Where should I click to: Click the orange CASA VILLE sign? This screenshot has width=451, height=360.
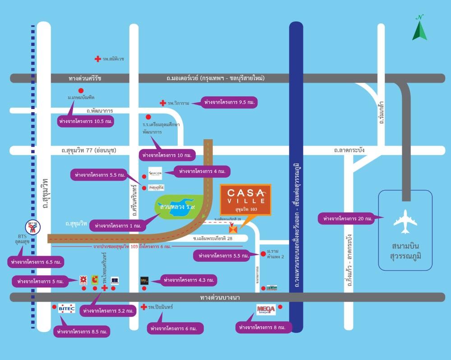[245, 199]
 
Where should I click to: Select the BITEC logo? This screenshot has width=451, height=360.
[66, 308]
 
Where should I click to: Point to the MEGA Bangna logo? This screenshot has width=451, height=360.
[266, 309]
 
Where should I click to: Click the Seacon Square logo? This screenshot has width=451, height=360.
[155, 173]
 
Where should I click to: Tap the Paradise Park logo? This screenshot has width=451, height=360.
[156, 187]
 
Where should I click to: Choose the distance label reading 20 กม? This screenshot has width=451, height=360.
[346, 219]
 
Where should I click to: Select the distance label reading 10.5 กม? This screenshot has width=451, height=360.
[86, 121]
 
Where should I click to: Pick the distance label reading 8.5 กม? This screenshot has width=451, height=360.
[82, 332]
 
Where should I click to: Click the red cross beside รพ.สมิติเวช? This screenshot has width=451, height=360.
[97, 59]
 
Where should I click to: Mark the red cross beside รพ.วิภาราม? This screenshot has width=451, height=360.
[163, 103]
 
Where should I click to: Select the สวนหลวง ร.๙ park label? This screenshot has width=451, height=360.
[177, 207]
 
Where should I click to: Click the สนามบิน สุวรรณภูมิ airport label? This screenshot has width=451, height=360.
[405, 252]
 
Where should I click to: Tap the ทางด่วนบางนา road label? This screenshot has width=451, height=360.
[224, 297]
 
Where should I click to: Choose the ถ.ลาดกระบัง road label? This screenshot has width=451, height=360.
[350, 150]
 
